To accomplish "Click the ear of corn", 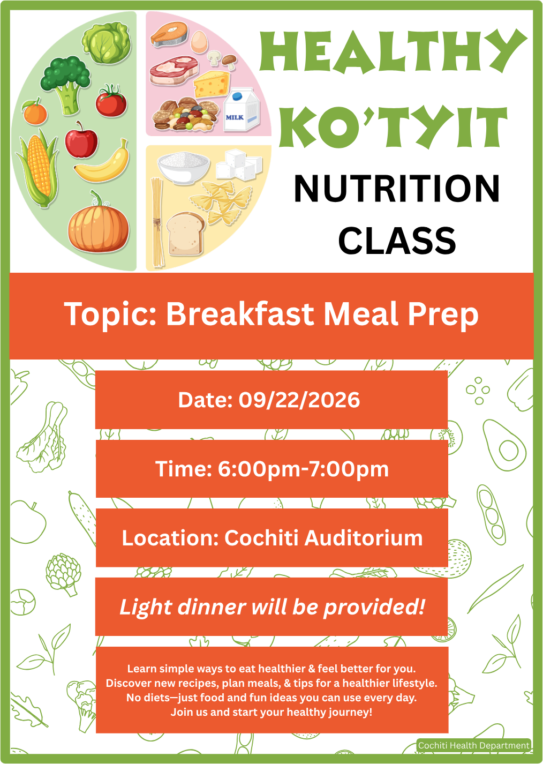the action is tap(37, 168).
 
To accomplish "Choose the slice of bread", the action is tap(185, 234).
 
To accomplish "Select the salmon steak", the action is tap(169, 34).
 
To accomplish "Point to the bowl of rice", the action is tap(183, 168).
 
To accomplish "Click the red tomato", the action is tap(111, 101).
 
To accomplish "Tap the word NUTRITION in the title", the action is tap(396, 189).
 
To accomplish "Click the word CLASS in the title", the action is tap(397, 241).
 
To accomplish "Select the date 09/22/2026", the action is tap(299, 400).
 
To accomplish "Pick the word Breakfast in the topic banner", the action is tap(240, 314).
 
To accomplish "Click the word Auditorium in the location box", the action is tap(364, 538).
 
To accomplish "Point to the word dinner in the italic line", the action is tap(212, 608).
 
